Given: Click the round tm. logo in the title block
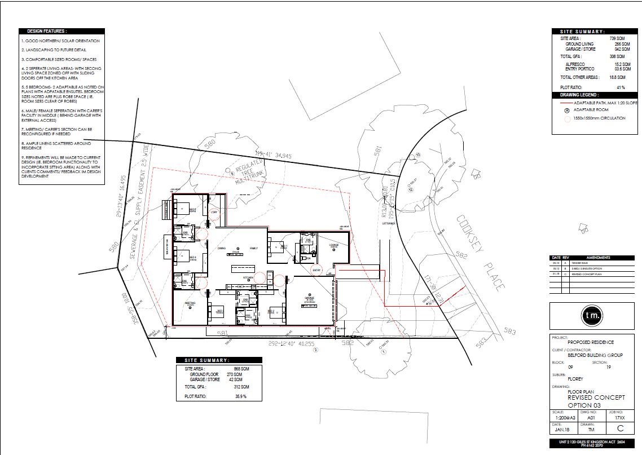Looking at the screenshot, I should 592,315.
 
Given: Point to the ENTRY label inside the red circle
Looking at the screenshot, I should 316,270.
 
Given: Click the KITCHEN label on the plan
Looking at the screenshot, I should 249,278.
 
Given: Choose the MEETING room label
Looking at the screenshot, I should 190,303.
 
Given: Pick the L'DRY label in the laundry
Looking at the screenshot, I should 214,211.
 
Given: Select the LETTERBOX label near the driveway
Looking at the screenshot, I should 389,223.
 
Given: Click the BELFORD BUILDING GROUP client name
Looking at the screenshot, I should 595,355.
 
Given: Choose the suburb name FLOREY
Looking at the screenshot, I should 575,379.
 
